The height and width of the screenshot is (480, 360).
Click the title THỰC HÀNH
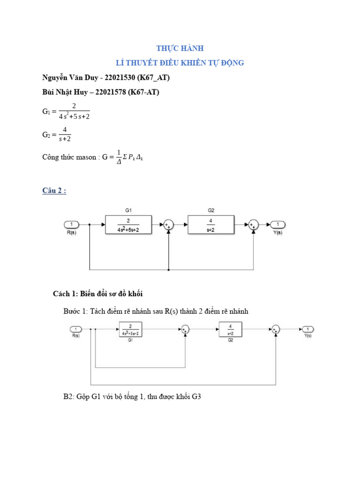[x=180, y=48]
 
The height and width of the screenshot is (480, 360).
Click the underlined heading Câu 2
[x=54, y=191]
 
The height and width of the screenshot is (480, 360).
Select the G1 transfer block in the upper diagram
[x=128, y=225]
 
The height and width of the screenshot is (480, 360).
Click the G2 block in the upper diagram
[x=210, y=225]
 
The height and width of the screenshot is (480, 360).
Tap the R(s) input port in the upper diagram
[x=71, y=225]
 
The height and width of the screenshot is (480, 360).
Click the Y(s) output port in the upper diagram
[x=278, y=225]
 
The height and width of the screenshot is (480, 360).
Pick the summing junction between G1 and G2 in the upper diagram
[x=168, y=225]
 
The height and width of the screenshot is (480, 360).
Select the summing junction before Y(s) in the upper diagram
[x=254, y=225]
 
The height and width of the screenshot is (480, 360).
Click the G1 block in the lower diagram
[x=130, y=330]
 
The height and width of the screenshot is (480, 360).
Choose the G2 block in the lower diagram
[x=230, y=330]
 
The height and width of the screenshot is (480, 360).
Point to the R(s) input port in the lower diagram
[x=76, y=329]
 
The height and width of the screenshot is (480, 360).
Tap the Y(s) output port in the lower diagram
[x=307, y=329]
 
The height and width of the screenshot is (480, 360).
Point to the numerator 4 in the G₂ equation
[x=65, y=130]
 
